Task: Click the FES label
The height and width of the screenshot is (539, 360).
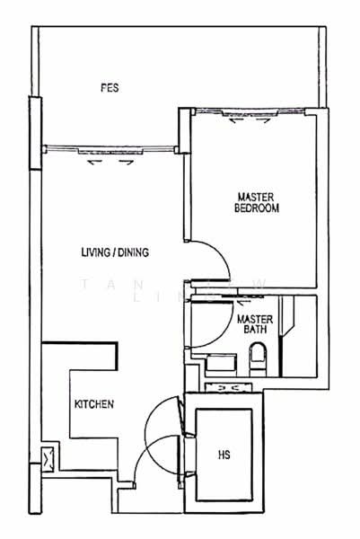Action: pos(110,88)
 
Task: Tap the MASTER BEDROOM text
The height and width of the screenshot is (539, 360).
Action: pos(257,202)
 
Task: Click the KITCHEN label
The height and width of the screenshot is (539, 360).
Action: pos(93,405)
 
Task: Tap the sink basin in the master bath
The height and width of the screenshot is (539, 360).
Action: pos(220,365)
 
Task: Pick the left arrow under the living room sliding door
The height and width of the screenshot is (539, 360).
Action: pos(92,163)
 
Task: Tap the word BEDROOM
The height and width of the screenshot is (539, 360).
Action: pos(257,208)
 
